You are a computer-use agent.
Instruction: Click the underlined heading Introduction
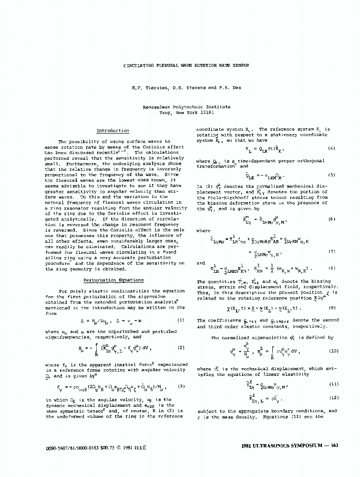pyautogui.click(x=113, y=130)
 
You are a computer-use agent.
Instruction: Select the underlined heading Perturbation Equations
pyautogui.click(x=113, y=280)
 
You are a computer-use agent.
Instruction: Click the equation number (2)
pyautogui.click(x=180, y=348)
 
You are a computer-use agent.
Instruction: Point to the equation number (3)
pyautogui.click(x=180, y=386)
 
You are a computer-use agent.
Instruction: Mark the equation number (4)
pyautogui.click(x=332, y=149)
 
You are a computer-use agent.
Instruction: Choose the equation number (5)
pyautogui.click(x=332, y=175)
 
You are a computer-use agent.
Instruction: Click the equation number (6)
pyautogui.click(x=332, y=219)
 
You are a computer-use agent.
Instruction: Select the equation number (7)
pyautogui.click(x=332, y=251)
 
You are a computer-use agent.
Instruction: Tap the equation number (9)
pyautogui.click(x=332, y=308)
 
